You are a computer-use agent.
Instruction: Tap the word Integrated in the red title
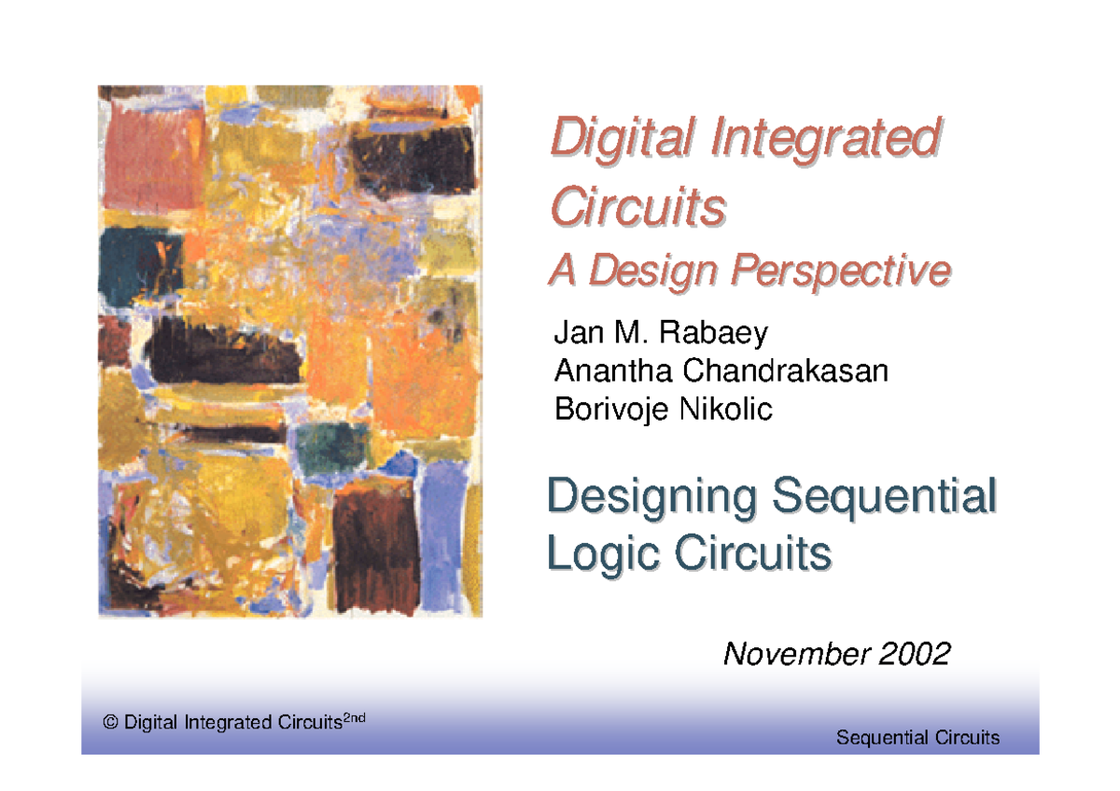826,138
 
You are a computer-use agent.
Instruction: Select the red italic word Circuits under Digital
638,206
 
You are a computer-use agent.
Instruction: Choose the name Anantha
613,370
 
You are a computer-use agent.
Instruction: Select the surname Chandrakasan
786,370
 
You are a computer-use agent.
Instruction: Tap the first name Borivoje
611,409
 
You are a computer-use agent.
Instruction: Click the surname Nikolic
725,409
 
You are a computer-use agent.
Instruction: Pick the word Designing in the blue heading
651,497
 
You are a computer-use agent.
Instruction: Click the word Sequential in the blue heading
884,497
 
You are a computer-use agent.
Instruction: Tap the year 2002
914,654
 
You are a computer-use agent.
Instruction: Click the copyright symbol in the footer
110,722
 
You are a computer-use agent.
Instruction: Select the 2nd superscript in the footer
354,718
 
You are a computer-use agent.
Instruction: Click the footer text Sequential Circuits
918,738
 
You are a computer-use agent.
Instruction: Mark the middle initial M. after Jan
631,332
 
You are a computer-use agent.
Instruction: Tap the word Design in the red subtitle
653,271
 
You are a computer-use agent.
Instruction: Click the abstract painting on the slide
290,352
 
